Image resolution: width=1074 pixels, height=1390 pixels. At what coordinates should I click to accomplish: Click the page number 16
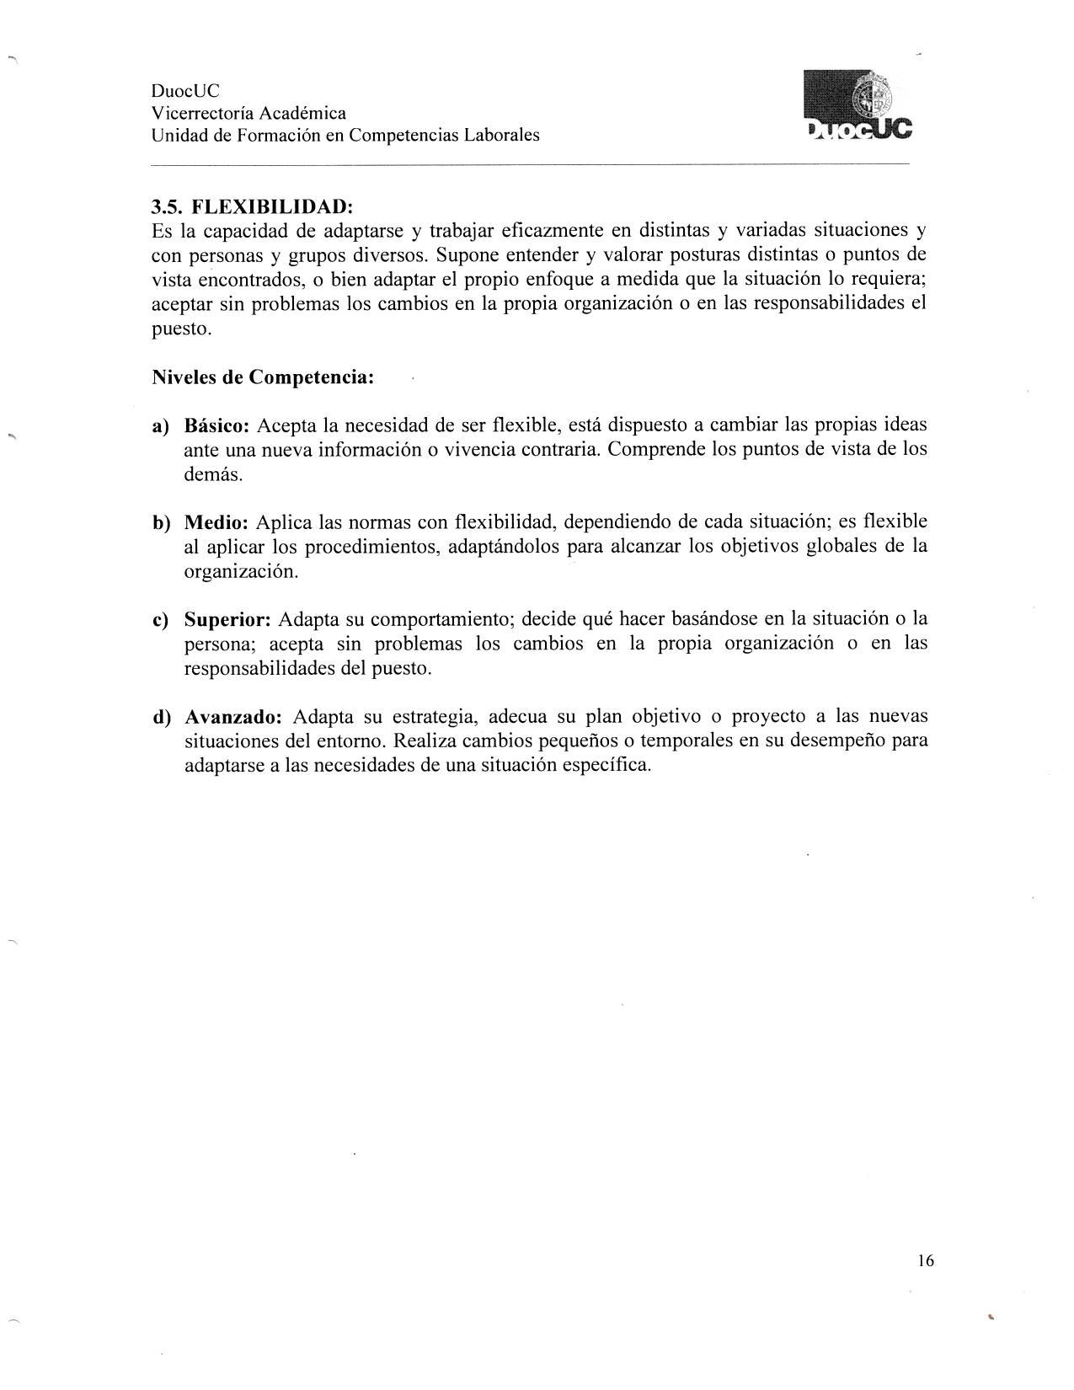(x=925, y=1260)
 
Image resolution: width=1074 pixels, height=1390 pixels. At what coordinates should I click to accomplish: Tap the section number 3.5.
(x=168, y=206)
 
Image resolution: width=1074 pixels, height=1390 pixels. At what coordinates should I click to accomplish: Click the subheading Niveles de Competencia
(x=263, y=377)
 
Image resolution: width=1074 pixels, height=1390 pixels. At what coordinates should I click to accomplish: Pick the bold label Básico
(x=216, y=425)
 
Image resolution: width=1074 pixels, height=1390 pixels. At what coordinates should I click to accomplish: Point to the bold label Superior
(x=227, y=620)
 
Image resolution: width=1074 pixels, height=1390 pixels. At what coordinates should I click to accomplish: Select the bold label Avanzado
(x=233, y=718)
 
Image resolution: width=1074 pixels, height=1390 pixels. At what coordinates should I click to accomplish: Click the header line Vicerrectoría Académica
(x=248, y=113)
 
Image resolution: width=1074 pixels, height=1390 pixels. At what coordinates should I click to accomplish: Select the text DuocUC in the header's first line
(x=185, y=91)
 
